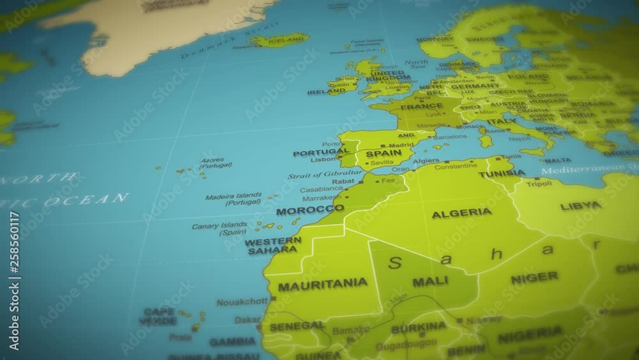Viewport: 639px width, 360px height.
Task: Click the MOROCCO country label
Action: pos(310,210)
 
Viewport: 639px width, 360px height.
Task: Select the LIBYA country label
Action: pos(580,206)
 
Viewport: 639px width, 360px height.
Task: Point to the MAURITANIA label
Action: pos(322,285)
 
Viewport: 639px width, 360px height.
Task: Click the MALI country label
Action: pos(430,281)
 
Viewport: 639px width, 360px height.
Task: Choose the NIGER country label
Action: pos(534,278)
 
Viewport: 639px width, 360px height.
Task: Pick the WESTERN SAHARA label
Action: pos(273,246)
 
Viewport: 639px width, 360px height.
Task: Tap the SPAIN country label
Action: pos(383,154)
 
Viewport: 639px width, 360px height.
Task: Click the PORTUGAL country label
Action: pos(321,153)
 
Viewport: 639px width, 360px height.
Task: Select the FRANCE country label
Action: pos(403,107)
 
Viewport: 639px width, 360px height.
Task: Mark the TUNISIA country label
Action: pos(502,173)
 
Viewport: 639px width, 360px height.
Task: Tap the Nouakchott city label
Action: pos(242,301)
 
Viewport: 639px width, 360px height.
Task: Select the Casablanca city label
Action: pos(321,189)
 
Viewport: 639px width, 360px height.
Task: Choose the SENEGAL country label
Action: pos(296,326)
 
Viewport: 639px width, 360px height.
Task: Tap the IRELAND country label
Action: pos(326,92)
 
